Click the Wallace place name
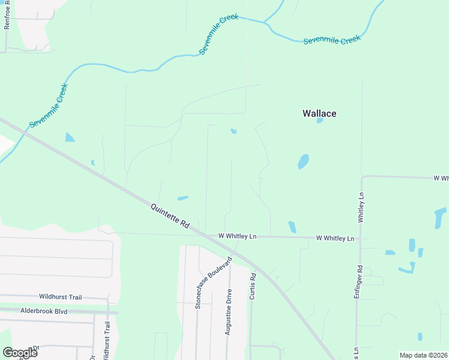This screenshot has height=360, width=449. click(319, 113)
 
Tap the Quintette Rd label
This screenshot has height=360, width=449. click(170, 214)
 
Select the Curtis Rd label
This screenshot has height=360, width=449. click(253, 287)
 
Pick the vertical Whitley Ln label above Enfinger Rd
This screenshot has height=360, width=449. click(361, 208)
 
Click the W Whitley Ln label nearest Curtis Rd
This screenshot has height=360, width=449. click(237, 236)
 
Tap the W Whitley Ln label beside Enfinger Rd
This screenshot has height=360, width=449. click(335, 238)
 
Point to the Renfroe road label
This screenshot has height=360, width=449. click(7, 15)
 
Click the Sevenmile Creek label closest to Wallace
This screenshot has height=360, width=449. click(331, 40)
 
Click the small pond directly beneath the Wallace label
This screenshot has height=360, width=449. click(319, 121)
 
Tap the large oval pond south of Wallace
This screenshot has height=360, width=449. click(303, 161)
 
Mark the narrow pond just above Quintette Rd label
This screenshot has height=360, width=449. click(182, 198)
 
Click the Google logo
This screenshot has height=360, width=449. click(20, 353)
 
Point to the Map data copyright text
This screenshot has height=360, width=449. click(423, 355)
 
